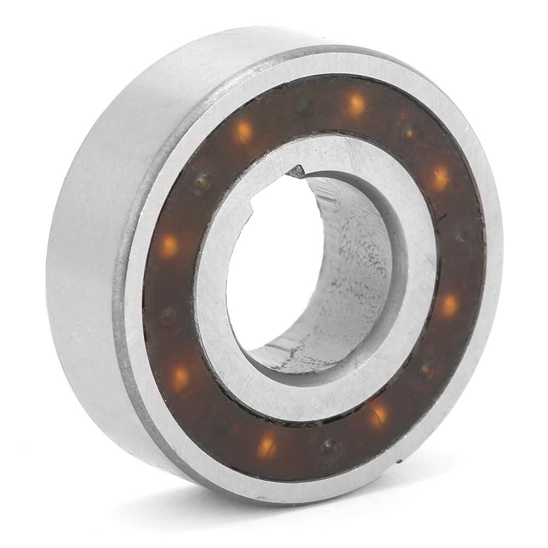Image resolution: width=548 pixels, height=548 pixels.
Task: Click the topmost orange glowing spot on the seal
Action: pos(355,103)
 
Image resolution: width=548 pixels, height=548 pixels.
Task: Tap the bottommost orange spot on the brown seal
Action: pos(267,444)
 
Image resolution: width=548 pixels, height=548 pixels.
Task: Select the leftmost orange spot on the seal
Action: pos(169,246)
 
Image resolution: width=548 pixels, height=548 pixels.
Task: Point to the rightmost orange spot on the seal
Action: pos(448,304)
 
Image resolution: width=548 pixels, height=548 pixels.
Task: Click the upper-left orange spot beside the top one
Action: pos(243,131)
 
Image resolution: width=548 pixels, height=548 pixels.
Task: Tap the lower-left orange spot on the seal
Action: pos(180,376)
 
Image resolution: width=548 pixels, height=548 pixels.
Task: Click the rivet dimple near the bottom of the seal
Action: pos(328,446)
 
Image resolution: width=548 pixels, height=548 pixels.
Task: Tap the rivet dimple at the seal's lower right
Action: pos(426,370)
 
